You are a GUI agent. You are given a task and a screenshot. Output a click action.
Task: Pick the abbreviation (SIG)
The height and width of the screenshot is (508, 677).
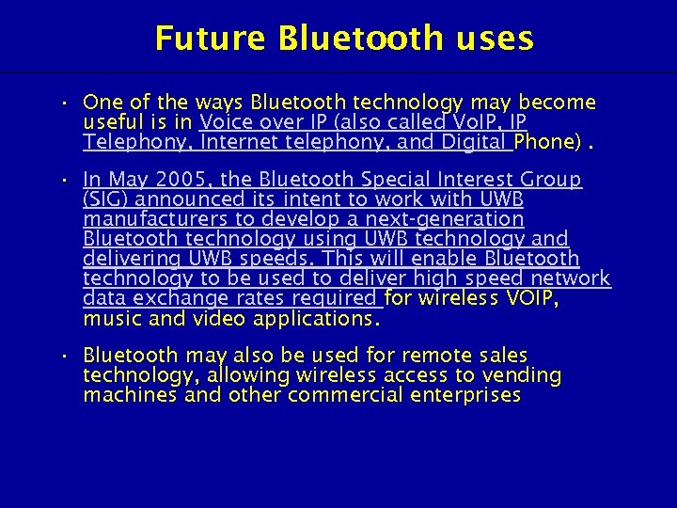pyautogui.click(x=109, y=198)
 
